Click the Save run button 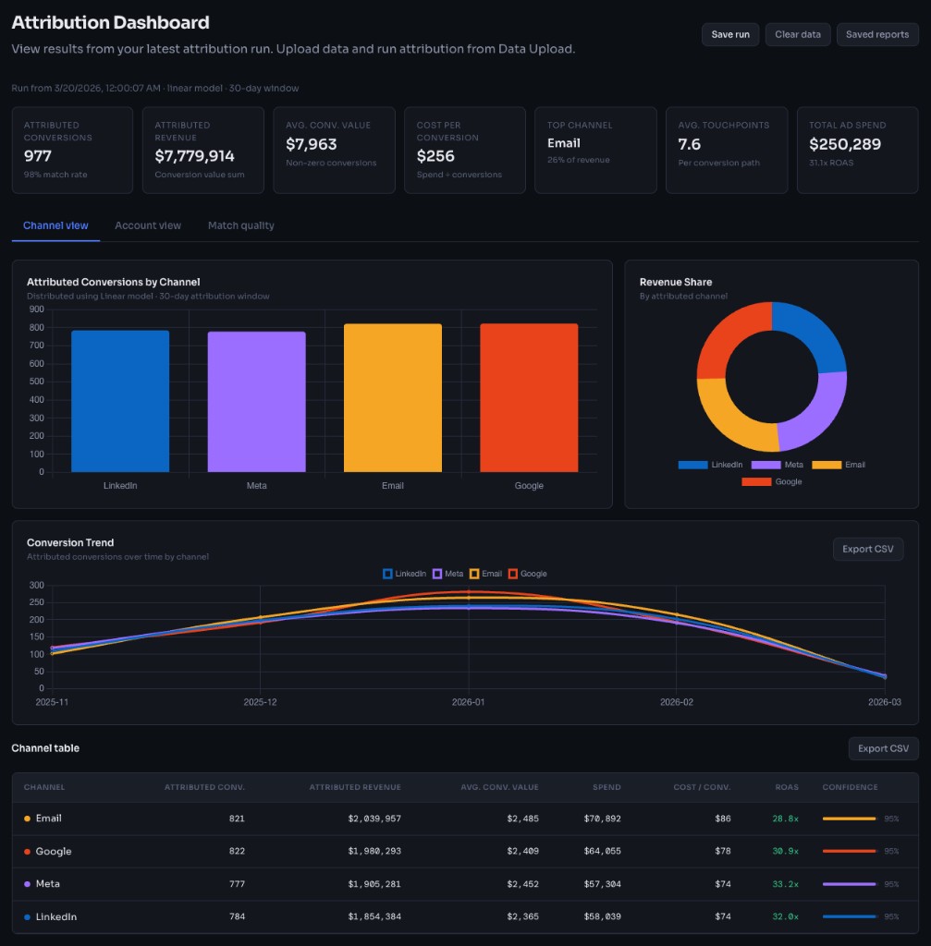pyautogui.click(x=730, y=34)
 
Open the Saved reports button pyautogui.click(x=877, y=34)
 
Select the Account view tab pyautogui.click(x=148, y=225)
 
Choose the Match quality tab pyautogui.click(x=240, y=225)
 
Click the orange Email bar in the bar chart pyautogui.click(x=393, y=398)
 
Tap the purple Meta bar pyautogui.click(x=256, y=402)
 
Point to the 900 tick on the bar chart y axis pyautogui.click(x=37, y=309)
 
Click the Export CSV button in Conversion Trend pyautogui.click(x=868, y=549)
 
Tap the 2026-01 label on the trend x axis pyautogui.click(x=469, y=702)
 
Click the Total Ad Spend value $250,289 pyautogui.click(x=845, y=144)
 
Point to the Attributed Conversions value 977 pyautogui.click(x=38, y=156)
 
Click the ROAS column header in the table pyautogui.click(x=786, y=787)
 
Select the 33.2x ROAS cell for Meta pyautogui.click(x=785, y=884)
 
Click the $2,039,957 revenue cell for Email pyautogui.click(x=374, y=819)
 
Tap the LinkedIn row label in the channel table pyautogui.click(x=55, y=916)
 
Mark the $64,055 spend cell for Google pyautogui.click(x=602, y=851)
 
